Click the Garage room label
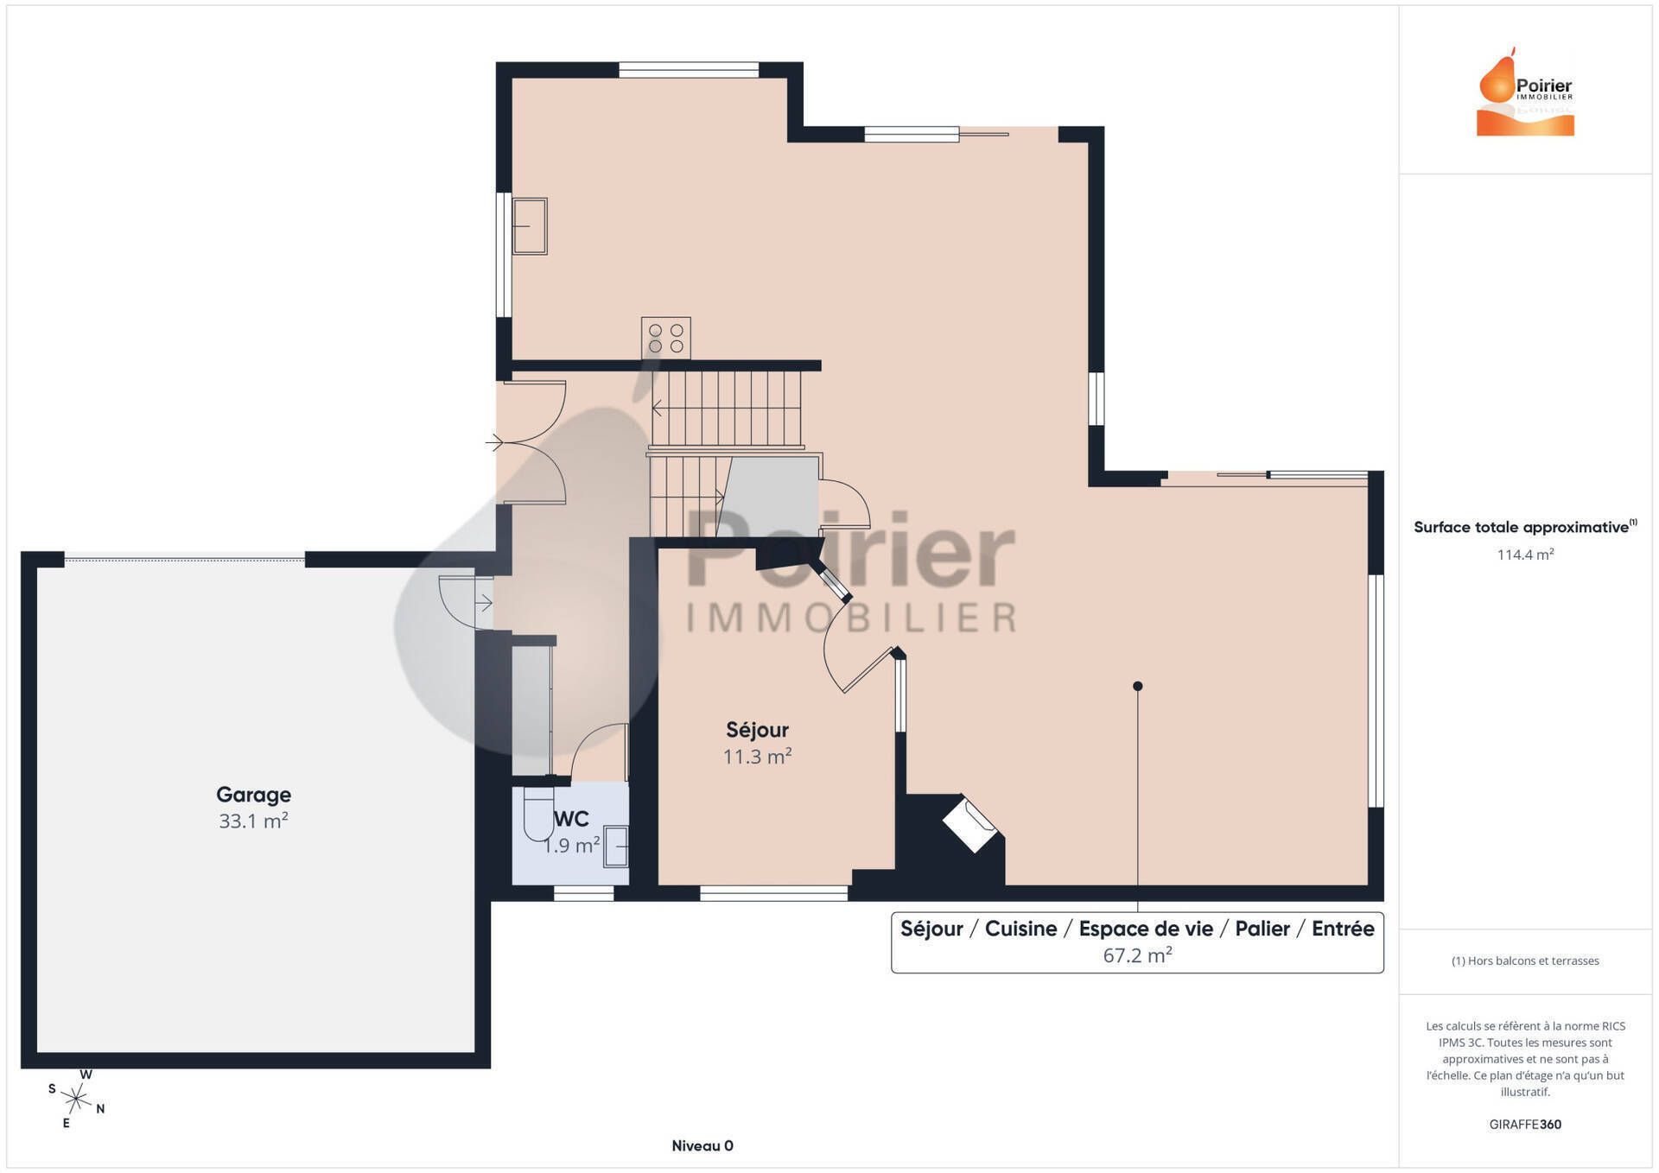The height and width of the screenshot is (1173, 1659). (253, 795)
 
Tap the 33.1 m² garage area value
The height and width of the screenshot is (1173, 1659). (253, 821)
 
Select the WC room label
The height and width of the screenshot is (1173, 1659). (571, 819)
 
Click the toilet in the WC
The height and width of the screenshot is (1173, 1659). (537, 814)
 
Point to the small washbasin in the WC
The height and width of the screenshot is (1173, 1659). (615, 846)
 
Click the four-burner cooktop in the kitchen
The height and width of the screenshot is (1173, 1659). (665, 338)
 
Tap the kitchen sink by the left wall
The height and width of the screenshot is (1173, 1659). (530, 226)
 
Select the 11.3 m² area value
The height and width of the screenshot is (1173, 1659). (758, 757)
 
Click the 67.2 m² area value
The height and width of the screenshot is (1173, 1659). (1137, 955)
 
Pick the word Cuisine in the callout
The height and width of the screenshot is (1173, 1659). (1020, 929)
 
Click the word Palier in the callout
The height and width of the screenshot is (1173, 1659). (1262, 929)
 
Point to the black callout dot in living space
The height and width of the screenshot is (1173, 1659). (1138, 686)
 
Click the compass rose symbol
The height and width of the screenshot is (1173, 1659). (76, 1099)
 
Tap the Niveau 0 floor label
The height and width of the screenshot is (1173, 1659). (702, 1145)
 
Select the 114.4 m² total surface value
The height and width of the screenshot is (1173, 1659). (1525, 555)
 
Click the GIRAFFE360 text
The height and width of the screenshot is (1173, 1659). (1525, 1124)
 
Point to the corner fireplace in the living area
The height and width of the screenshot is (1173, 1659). (970, 825)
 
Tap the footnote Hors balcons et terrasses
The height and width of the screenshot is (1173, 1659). (1525, 961)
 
